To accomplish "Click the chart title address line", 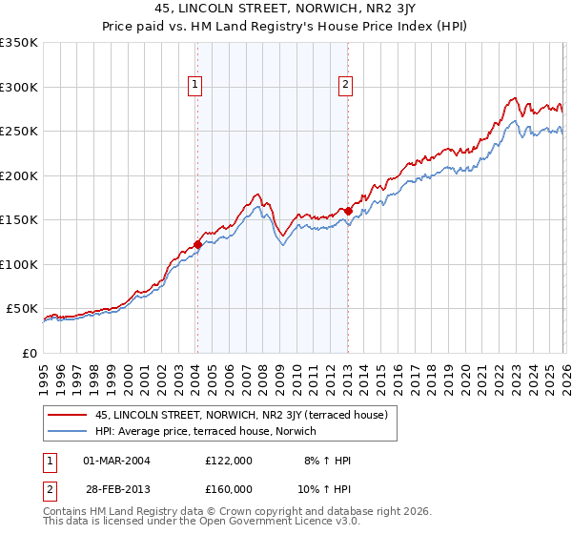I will point(286,9).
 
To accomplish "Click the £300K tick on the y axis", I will point(19,87).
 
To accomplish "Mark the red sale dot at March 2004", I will point(197,244).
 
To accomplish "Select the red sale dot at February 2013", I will point(348,211).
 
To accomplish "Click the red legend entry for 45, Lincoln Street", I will point(240,415).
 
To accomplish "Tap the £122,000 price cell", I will point(229,461).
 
